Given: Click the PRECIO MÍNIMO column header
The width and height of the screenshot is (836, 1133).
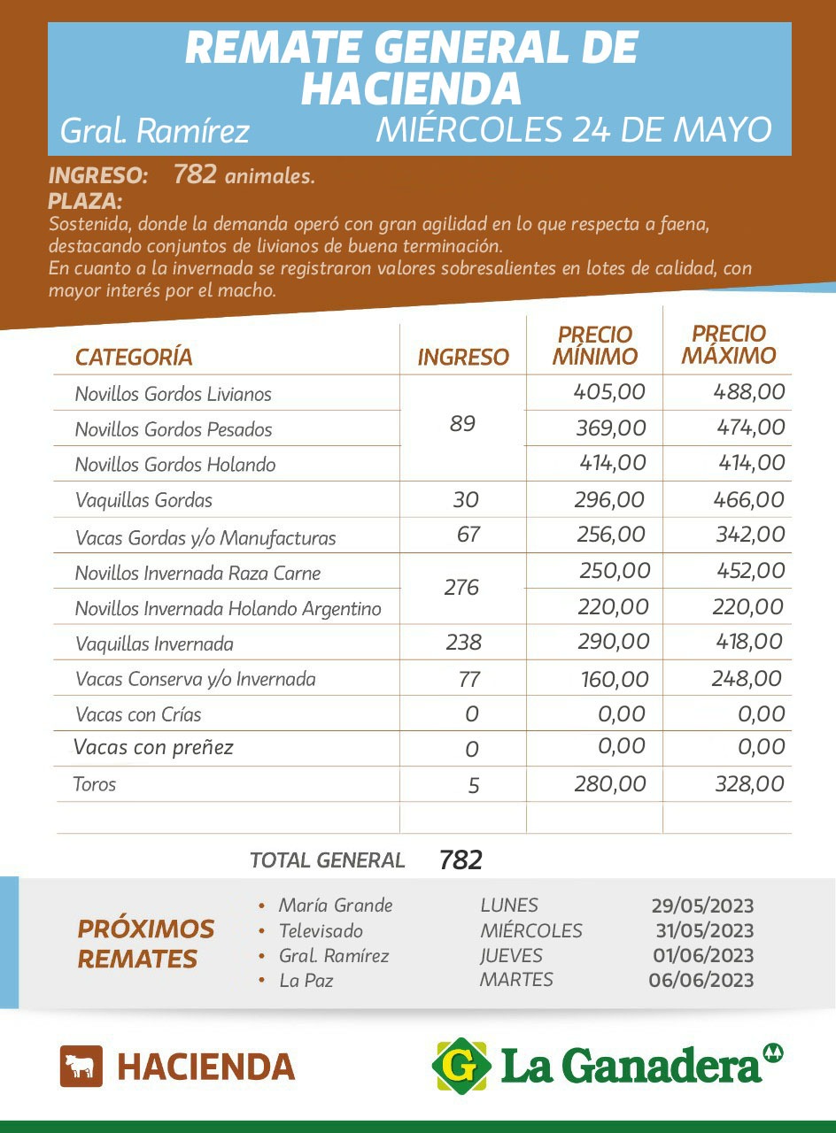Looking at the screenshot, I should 594,345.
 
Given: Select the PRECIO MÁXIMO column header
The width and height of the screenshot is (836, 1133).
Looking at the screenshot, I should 729,344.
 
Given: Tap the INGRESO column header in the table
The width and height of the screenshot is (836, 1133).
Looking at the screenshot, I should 463,357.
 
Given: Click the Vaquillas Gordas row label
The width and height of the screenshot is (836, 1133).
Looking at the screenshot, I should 143,500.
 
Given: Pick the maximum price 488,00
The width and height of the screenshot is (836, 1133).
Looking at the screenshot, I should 749,392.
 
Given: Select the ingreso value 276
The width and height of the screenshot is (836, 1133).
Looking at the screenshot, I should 461,588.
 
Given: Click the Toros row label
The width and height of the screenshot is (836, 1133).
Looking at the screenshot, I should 95,783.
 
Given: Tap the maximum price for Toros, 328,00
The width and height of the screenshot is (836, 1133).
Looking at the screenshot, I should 748,784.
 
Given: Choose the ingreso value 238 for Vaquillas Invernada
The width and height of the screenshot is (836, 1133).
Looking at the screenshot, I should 463,643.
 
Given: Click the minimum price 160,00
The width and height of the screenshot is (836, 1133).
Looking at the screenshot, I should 615,680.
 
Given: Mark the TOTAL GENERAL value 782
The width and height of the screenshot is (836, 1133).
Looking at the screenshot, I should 461,859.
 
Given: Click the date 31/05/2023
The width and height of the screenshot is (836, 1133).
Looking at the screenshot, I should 705,930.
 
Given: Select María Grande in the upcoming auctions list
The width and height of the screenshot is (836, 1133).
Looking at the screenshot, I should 335,906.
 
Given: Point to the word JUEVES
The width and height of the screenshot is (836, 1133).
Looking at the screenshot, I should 511,956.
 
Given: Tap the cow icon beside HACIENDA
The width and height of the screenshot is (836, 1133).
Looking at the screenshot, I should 81,1066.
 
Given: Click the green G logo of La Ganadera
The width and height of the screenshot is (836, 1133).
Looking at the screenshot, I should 461,1065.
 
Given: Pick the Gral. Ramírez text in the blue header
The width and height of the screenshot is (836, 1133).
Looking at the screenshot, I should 154,132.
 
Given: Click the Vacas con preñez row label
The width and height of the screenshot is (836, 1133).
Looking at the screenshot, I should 153,748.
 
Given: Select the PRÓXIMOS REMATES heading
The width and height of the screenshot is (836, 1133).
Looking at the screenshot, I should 146,944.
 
